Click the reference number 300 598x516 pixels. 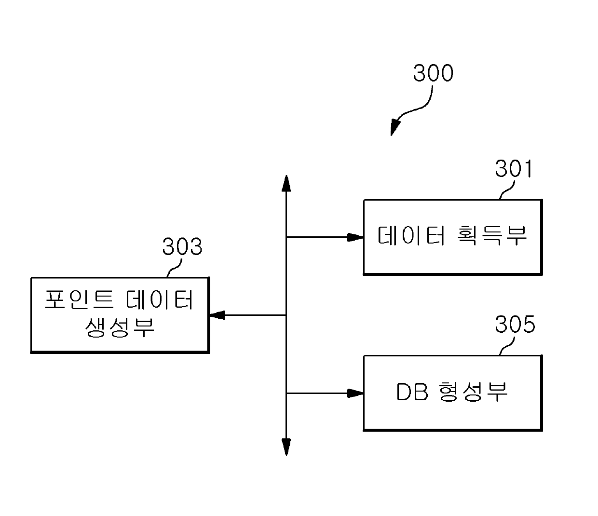pyautogui.click(x=433, y=73)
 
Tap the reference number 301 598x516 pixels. pyautogui.click(x=514, y=169)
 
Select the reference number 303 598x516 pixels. pyautogui.click(x=182, y=247)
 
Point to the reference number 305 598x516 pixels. pyautogui.click(x=515, y=325)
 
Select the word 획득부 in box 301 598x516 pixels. pyautogui.click(x=491, y=236)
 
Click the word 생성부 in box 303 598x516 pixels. pyautogui.click(x=120, y=327)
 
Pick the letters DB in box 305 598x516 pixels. pyautogui.click(x=412, y=393)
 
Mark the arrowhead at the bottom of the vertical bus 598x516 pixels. pyautogui.click(x=286, y=447)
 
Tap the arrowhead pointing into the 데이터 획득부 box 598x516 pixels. pyautogui.click(x=356, y=237)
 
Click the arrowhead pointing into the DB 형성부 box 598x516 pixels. pyautogui.click(x=356, y=393)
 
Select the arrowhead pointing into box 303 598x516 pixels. pyautogui.click(x=217, y=315)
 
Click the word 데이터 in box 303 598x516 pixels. pyautogui.click(x=160, y=300)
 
